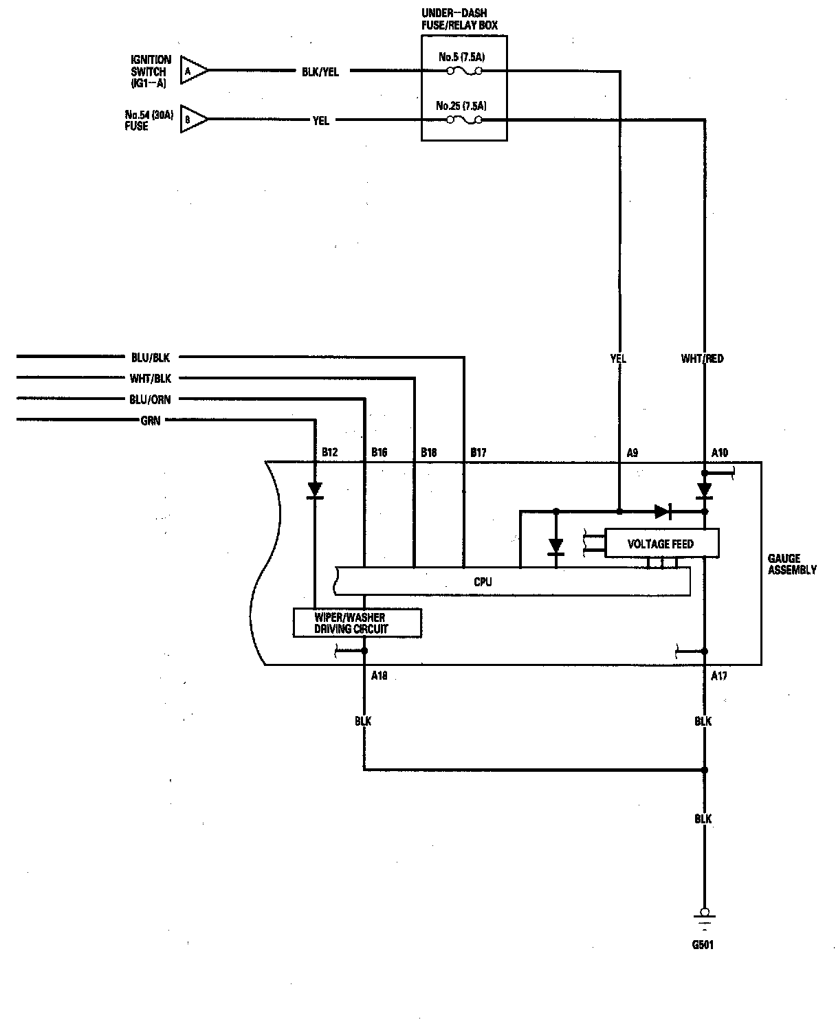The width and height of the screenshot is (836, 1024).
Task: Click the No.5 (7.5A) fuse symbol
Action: point(464,71)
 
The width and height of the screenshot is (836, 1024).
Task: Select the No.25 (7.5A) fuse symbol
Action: point(464,120)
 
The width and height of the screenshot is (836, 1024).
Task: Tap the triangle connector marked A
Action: point(194,70)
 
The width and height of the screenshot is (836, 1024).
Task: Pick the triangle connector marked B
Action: point(194,119)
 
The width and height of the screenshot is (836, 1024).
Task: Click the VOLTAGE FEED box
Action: point(661,544)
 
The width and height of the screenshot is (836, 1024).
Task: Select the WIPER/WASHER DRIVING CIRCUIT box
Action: point(357,623)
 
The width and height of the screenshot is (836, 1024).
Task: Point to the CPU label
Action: point(483,581)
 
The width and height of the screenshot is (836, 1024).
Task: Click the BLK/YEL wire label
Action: point(320,72)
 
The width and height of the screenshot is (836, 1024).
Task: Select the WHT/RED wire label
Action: point(702,358)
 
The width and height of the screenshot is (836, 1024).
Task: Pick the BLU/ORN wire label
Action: point(150,399)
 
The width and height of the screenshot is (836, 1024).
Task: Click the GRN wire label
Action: point(151,421)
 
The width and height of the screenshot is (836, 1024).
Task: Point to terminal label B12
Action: point(330,452)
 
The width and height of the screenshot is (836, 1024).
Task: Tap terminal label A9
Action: point(632,453)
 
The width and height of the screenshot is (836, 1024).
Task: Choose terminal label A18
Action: point(379,676)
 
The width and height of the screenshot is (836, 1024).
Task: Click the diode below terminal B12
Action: point(316,491)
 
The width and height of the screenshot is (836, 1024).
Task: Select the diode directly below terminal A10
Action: point(705,491)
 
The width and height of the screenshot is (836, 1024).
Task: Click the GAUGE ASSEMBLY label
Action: point(792,564)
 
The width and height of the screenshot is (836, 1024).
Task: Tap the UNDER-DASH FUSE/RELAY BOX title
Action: point(459,19)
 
